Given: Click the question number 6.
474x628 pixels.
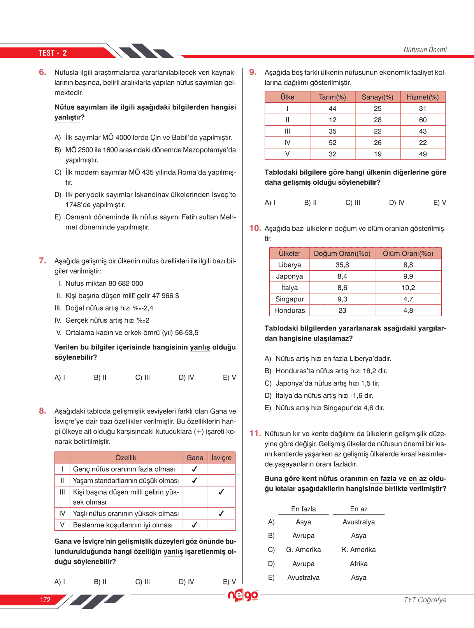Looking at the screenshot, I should pyautogui.click(x=42, y=72).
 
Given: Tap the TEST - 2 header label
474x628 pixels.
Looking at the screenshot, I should pyautogui.click(x=53, y=53).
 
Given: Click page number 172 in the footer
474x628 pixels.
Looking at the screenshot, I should pyautogui.click(x=45, y=600).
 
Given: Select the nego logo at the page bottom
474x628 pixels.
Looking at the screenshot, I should pyautogui.click(x=243, y=595).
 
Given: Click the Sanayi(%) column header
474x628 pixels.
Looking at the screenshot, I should pyautogui.click(x=377, y=97).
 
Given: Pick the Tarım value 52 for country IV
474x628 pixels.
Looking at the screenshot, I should pyautogui.click(x=332, y=143).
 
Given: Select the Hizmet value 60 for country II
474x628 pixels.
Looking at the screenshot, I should pyautogui.click(x=423, y=120).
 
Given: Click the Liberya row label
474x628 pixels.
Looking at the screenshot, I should pyautogui.click(x=290, y=265).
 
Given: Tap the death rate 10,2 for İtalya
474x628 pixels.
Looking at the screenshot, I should pyautogui.click(x=408, y=288).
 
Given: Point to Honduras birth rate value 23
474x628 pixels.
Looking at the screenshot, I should pyautogui.click(x=342, y=310).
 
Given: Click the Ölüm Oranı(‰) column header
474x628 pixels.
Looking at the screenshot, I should pyautogui.click(x=408, y=254).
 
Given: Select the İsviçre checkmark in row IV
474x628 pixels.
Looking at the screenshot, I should pyautogui.click(x=221, y=513).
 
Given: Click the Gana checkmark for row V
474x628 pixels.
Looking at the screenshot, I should pyautogui.click(x=195, y=525).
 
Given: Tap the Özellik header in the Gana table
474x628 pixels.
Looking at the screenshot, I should pyautogui.click(x=126, y=458).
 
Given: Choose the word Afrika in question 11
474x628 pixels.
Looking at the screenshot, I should pyautogui.click(x=358, y=564).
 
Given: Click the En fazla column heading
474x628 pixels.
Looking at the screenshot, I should pyautogui.click(x=304, y=509).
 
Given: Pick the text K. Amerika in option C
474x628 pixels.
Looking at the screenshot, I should pyautogui.click(x=358, y=550).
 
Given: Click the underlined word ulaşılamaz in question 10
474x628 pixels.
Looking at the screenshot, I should pyautogui.click(x=331, y=339).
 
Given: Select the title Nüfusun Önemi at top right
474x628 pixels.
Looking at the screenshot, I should pyautogui.click(x=425, y=50).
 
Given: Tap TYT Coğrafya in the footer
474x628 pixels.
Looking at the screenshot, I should pyautogui.click(x=425, y=600).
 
